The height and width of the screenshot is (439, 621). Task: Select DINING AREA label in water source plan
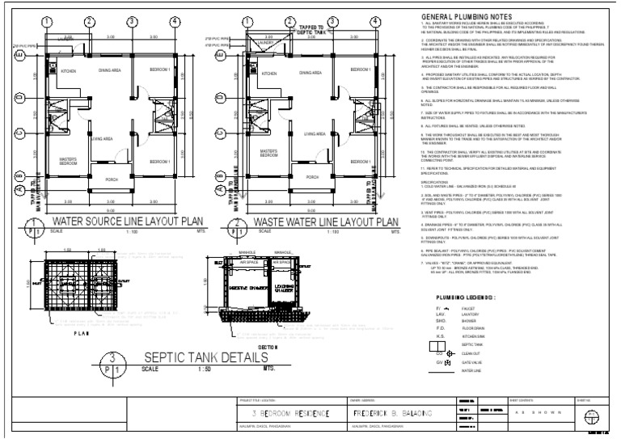point(109,71)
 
